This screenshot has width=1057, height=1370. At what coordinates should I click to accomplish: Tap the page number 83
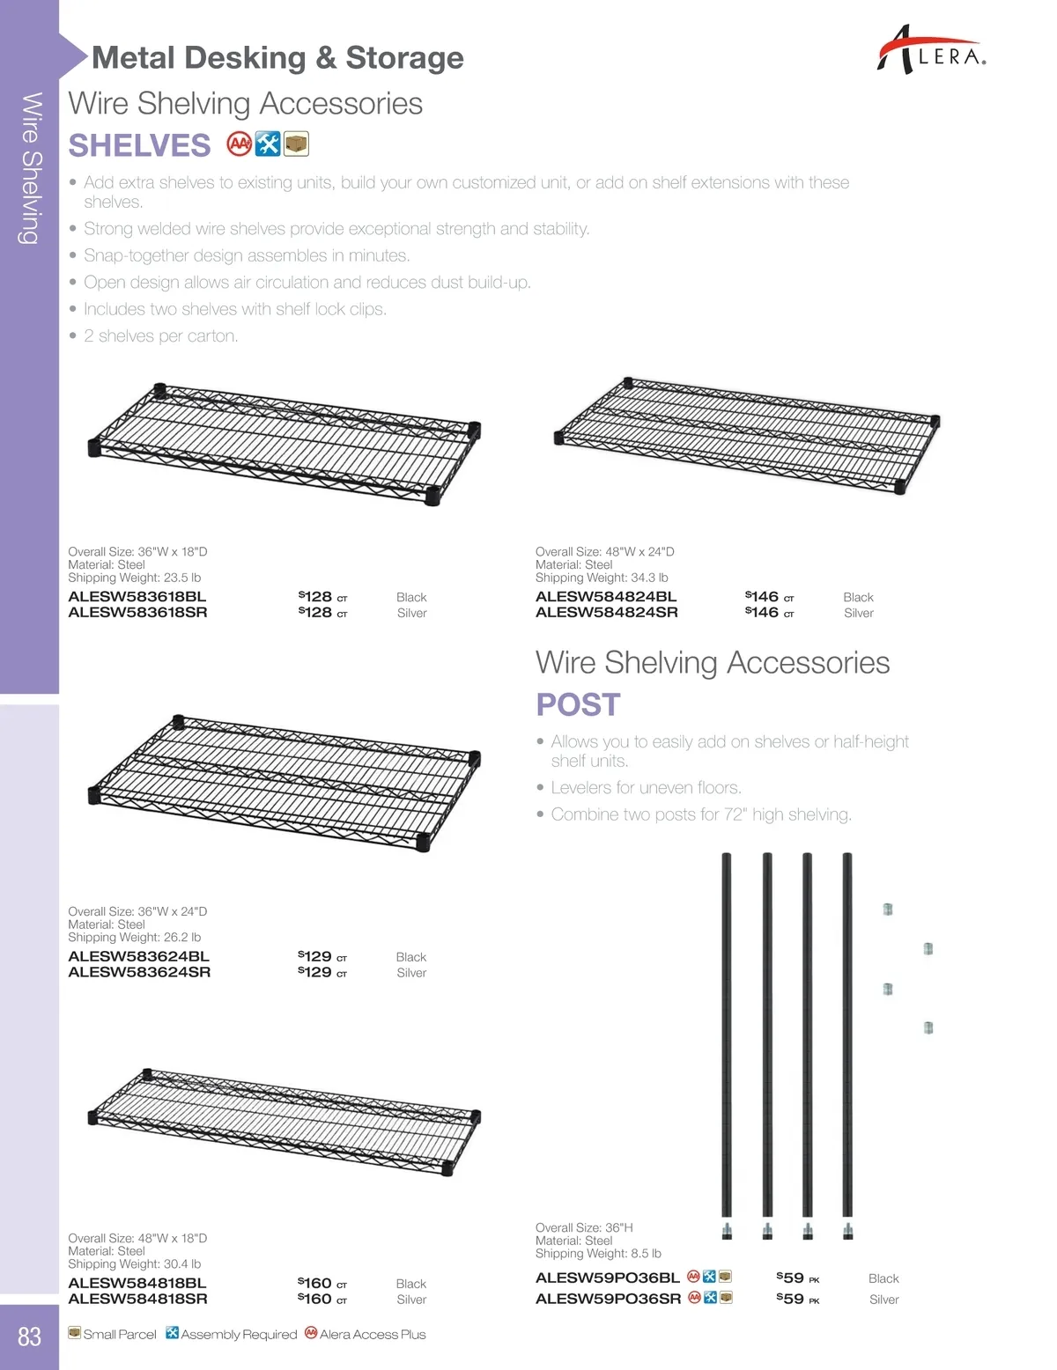[x=30, y=1337]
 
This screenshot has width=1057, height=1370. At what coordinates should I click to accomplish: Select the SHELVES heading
[x=139, y=145]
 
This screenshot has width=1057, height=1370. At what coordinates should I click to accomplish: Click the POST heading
[x=578, y=704]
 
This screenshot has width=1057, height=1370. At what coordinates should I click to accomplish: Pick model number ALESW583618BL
[x=137, y=596]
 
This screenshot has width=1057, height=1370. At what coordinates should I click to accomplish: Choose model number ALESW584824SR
[x=606, y=612]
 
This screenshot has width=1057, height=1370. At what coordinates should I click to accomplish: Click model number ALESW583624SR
[x=139, y=972]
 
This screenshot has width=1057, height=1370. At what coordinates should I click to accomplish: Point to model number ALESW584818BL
[x=137, y=1283]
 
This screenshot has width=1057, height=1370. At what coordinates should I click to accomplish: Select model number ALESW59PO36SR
[x=608, y=1299]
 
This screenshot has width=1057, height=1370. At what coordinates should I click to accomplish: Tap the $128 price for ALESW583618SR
[x=316, y=612]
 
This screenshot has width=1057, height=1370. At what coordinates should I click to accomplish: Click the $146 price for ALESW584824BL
[x=763, y=596]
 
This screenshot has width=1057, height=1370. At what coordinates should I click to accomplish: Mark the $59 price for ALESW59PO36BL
[x=791, y=1278]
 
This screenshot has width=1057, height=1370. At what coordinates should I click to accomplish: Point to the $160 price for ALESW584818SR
[x=316, y=1299]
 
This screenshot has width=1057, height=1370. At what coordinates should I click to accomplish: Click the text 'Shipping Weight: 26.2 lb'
[x=134, y=938]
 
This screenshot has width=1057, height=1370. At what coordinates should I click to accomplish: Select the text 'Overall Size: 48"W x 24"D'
[x=604, y=552]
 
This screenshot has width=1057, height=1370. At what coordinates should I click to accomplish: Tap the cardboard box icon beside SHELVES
[x=297, y=144]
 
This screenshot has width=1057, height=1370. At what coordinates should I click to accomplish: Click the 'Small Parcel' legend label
[x=119, y=1335]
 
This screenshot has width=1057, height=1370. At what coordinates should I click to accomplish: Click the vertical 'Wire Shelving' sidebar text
[x=31, y=167]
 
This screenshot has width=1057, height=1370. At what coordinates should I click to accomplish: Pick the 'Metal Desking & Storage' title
[x=277, y=58]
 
